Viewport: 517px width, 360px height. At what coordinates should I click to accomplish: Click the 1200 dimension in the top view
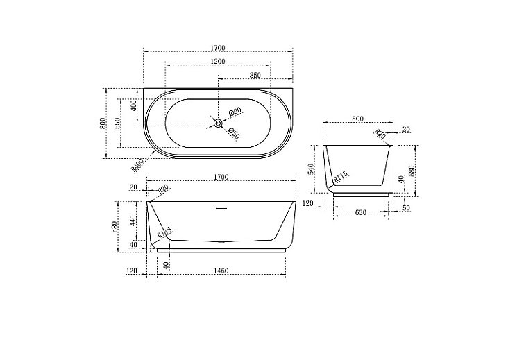[218, 62]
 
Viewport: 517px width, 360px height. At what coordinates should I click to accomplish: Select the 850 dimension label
[255, 75]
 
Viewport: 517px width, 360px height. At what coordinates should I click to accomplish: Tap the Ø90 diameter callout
[235, 112]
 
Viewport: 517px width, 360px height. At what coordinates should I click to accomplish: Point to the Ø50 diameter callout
[234, 135]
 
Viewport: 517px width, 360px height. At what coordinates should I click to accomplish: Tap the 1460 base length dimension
[221, 271]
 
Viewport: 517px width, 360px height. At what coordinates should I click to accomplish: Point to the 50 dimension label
[406, 207]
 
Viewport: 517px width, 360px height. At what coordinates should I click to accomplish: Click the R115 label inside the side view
[340, 178]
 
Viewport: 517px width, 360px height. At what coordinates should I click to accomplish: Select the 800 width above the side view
[357, 119]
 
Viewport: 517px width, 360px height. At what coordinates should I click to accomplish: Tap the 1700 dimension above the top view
[218, 48]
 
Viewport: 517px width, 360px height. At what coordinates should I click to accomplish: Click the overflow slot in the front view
[221, 206]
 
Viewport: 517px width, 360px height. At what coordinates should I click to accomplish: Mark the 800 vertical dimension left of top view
[103, 123]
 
